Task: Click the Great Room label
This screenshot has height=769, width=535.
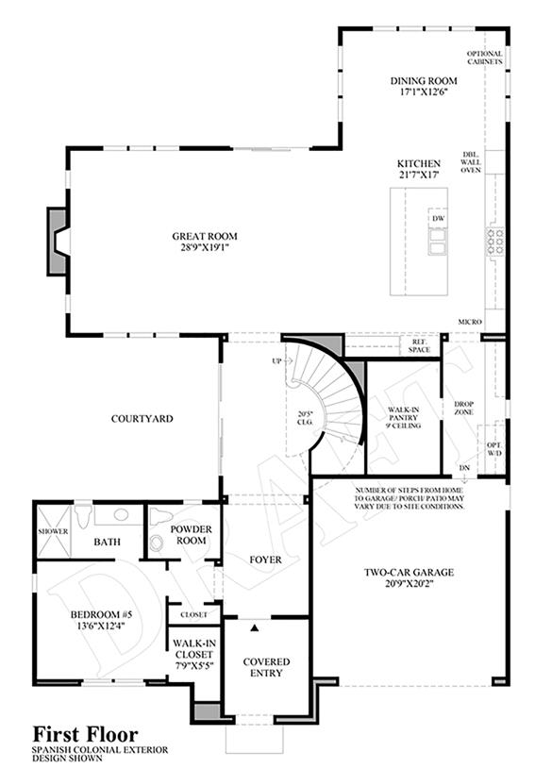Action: [205, 236]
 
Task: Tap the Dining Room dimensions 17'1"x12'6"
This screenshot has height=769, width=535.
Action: [424, 92]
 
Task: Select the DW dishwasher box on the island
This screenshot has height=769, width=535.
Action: [439, 218]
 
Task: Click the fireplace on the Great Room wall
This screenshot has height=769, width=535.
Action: [58, 242]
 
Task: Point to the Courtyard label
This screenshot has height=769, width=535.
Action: [142, 419]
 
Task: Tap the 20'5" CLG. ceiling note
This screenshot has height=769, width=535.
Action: [305, 418]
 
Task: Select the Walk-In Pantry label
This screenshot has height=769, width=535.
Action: [404, 417]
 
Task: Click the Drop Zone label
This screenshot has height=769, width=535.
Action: [463, 408]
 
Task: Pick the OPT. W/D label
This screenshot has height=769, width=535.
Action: [494, 449]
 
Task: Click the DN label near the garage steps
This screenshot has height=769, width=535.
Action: [464, 468]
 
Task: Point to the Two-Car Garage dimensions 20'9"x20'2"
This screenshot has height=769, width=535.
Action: [409, 584]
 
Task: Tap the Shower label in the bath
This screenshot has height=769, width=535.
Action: [53, 531]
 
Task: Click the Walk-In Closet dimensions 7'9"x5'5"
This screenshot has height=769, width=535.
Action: [194, 665]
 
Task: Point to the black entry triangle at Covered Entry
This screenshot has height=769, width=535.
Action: [255, 627]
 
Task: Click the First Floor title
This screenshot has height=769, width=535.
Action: [85, 734]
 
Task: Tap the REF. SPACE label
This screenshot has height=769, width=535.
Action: [419, 345]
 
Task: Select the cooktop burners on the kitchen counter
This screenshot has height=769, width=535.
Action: [494, 242]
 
